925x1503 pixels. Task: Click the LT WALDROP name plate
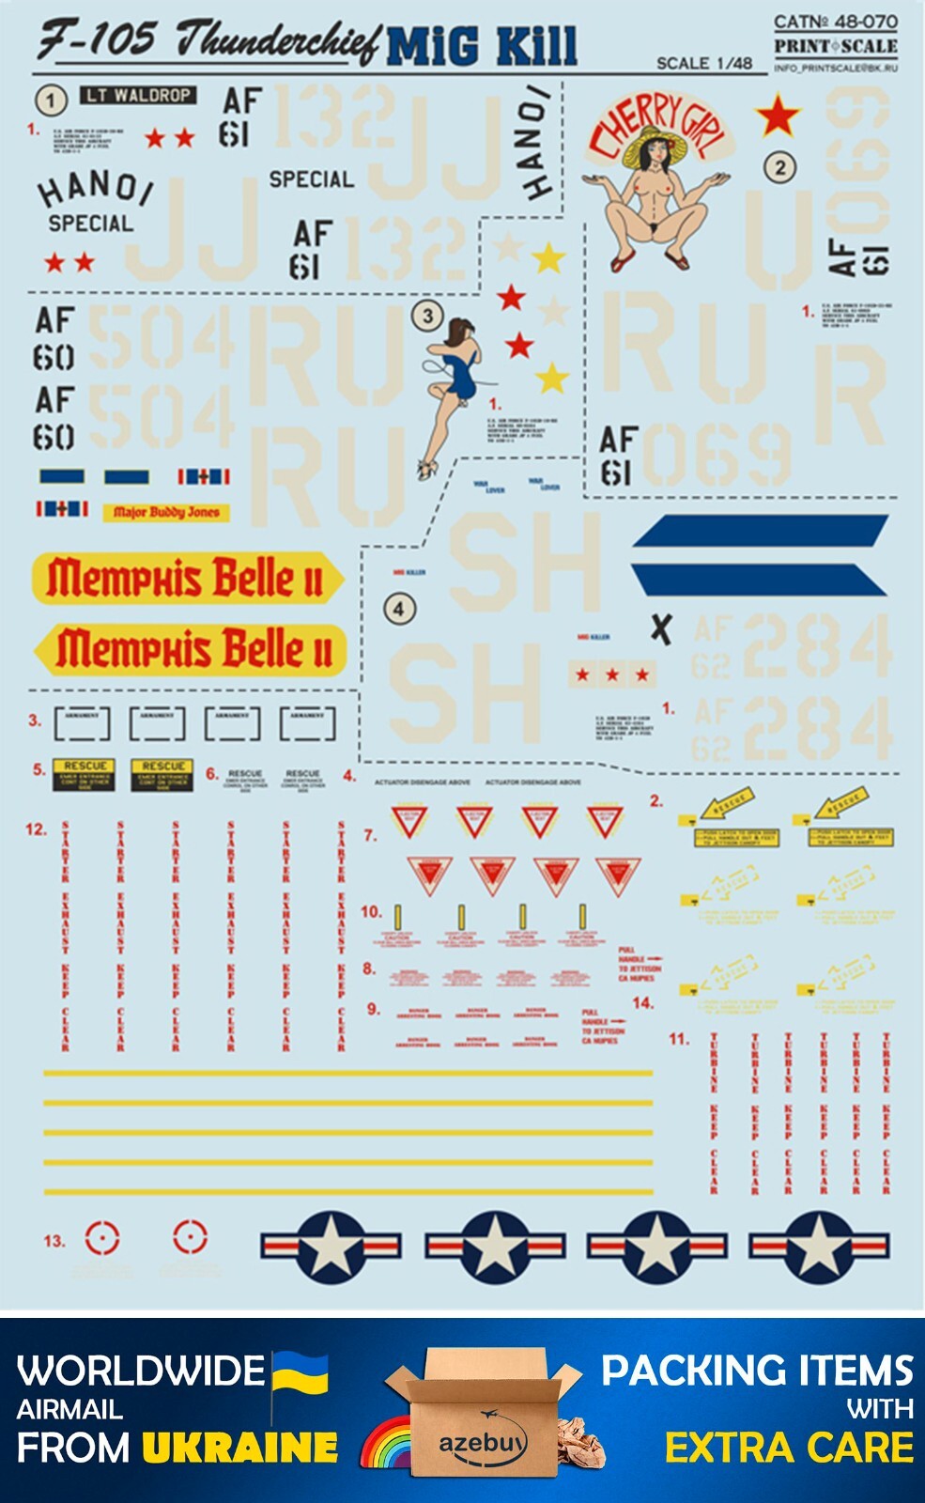pos(138,95)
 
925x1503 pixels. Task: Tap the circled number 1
pos(51,100)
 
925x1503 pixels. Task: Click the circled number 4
pos(399,609)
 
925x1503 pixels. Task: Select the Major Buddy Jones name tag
pos(166,512)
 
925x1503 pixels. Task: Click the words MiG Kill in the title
pos(481,46)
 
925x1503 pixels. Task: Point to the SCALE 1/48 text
pos(703,63)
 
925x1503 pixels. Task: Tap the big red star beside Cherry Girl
pos(778,116)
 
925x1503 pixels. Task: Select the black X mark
pos(661,628)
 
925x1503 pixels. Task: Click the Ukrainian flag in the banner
pos(301,1373)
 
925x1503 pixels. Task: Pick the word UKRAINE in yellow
pos(240,1448)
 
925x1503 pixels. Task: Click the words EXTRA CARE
pos(789,1448)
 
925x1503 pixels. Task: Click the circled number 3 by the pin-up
pos(427,316)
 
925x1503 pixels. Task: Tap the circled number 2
pos(779,168)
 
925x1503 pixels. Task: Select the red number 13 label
pos(54,1241)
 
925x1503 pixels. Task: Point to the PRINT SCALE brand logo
pos(835,46)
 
